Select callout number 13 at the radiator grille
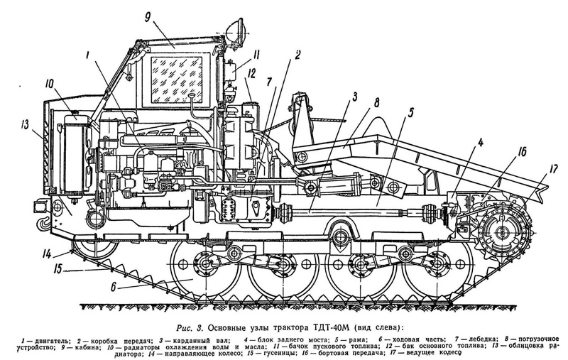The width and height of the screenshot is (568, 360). (26, 125)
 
